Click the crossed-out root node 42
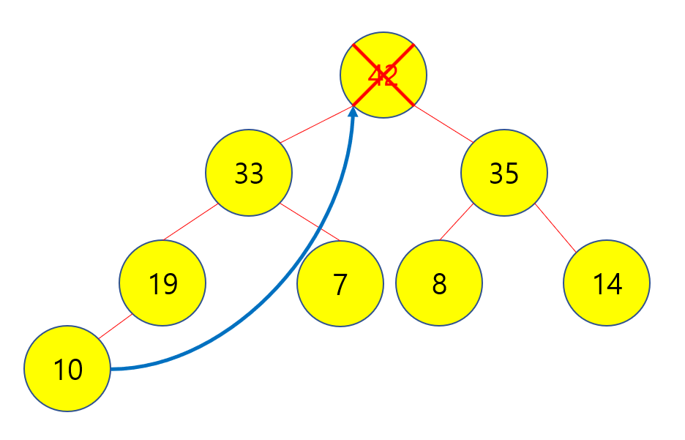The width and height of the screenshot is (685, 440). (383, 75)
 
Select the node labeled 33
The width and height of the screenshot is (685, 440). (249, 173)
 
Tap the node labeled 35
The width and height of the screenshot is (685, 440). (504, 173)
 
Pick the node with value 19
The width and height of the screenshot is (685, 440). (162, 283)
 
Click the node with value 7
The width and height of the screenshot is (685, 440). (340, 283)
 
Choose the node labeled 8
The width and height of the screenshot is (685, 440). (439, 283)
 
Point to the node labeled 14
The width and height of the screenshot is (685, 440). (607, 283)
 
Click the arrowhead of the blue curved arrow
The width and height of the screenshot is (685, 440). (353, 111)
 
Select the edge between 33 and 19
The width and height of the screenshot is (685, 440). (190, 223)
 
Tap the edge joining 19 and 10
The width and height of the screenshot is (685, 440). (114, 327)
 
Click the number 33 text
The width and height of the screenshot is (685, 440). (249, 174)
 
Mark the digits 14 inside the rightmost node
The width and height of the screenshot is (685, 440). (607, 284)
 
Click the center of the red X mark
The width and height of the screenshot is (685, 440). (383, 75)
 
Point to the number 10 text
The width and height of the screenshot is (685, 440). (68, 370)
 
